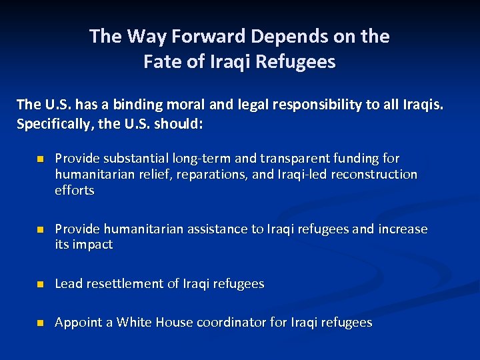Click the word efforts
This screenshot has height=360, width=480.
pyautogui.click(x=75, y=191)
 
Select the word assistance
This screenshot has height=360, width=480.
pyautogui.click(x=217, y=229)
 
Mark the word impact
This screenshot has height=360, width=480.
pyautogui.click(x=93, y=245)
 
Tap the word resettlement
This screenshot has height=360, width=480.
pyautogui.click(x=127, y=284)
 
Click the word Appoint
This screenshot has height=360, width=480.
pyautogui.click(x=76, y=323)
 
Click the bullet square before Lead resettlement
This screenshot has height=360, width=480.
pyautogui.click(x=39, y=285)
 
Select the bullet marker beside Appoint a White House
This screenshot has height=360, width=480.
pyautogui.click(x=39, y=323)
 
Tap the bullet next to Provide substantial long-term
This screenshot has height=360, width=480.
pyautogui.click(x=39, y=159)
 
